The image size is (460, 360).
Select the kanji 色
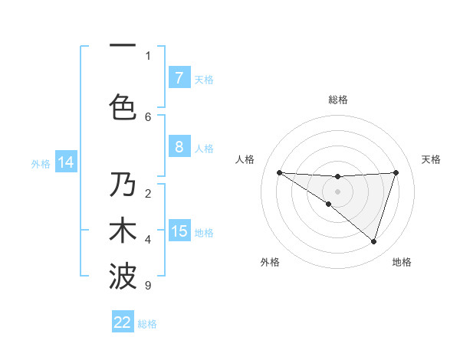[123, 106]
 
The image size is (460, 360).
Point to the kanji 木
[123, 230]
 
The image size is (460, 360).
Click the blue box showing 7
[179, 78]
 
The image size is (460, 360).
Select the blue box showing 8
[179, 147]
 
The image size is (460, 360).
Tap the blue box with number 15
[179, 231]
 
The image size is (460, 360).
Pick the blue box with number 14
[65, 162]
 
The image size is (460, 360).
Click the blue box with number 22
[123, 322]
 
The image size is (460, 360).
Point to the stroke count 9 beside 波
[147, 286]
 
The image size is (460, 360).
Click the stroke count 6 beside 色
[148, 116]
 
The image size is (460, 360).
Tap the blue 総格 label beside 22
[147, 323]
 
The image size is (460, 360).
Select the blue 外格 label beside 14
[40, 163]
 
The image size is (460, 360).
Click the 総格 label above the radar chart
[337, 100]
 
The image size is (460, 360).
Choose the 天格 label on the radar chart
[432, 159]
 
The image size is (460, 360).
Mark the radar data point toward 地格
[373, 241]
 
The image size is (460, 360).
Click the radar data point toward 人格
[279, 172]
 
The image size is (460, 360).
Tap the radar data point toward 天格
[396, 172]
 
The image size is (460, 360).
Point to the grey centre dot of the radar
[337, 191]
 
